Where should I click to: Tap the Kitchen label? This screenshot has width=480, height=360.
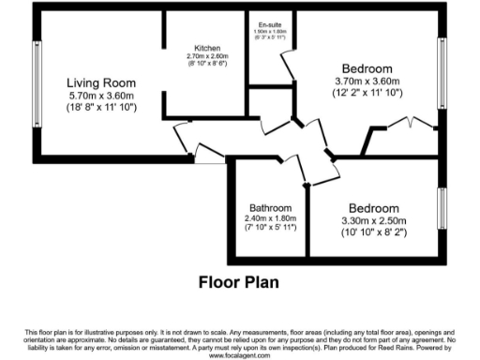[x=206, y=48]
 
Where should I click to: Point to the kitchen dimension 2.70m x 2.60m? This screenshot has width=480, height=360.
[x=207, y=56]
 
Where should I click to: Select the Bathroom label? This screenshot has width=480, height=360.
[x=270, y=208]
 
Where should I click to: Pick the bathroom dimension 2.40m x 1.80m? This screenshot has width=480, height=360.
[x=270, y=218]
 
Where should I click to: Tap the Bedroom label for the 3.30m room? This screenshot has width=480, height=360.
[x=373, y=208]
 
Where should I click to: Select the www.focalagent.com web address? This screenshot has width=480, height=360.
[x=239, y=355]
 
